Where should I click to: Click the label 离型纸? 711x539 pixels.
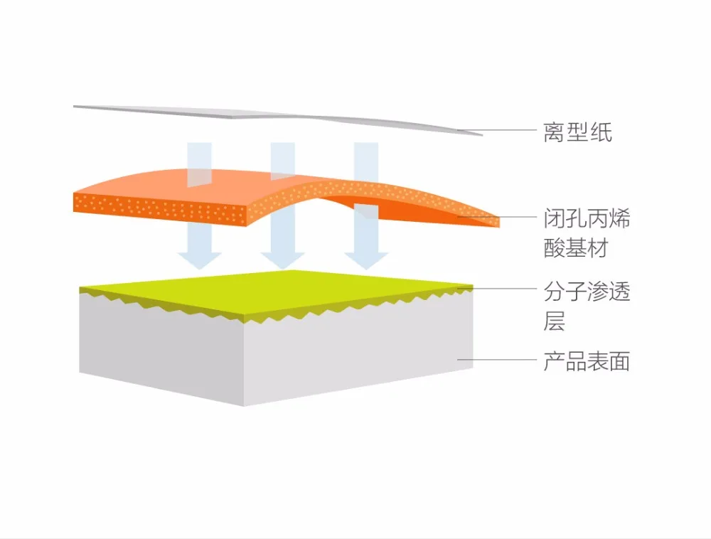pos(577,132)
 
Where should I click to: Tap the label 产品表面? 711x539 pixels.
pos(587,362)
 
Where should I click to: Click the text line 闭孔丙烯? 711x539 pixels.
pos(587,218)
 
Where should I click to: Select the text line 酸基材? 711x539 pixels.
pos(576,248)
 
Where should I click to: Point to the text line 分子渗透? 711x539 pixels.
pos(587,292)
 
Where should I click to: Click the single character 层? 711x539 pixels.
pos(554,321)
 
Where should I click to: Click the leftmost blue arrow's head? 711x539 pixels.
pos(199,260)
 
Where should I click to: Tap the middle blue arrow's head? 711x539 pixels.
pos(282,260)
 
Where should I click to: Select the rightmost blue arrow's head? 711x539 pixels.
pos(366,260)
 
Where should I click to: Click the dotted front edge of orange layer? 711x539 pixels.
pos(159,208)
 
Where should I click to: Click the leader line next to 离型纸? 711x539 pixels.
pos(497,130)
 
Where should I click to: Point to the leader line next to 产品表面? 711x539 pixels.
pos(497,360)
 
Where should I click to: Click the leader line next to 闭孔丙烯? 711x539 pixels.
pos(497,217)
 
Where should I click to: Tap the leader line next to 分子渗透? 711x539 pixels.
pos(497,288)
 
